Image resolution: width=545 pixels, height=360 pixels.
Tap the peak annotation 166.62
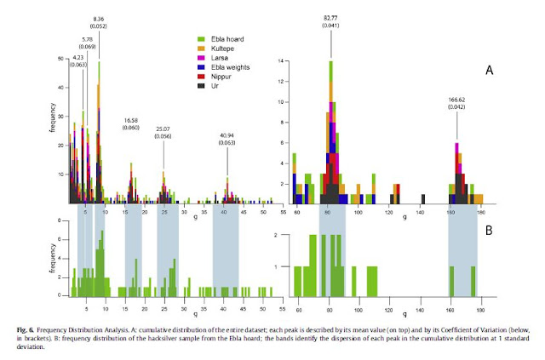[x=456, y=99]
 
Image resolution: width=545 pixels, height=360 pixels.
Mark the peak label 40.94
[x=227, y=136]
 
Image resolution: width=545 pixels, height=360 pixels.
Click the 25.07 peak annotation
[x=163, y=129]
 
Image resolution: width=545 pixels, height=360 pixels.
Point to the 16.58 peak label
[x=131, y=120]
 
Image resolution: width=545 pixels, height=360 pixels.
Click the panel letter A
[x=490, y=72]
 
